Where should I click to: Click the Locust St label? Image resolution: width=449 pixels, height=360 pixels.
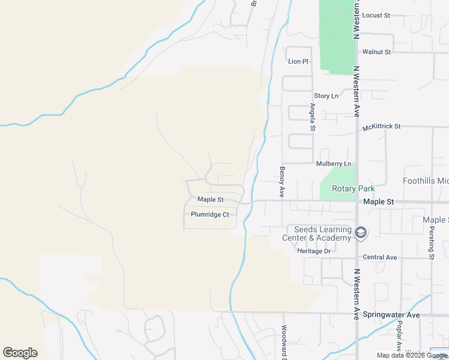(x=377, y=15)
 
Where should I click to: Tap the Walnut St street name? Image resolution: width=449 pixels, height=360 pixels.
(x=377, y=52)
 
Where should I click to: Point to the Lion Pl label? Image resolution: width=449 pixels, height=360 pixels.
(x=298, y=61)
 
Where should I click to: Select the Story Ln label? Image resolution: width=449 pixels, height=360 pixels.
(x=326, y=96)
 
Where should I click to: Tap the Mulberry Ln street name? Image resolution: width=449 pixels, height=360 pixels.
(x=333, y=164)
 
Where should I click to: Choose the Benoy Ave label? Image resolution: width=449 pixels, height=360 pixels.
(x=281, y=182)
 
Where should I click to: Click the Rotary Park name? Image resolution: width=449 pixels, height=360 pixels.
(x=353, y=188)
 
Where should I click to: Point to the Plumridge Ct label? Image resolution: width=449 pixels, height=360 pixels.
(x=210, y=214)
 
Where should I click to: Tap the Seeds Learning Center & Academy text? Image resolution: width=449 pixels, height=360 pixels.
(x=318, y=234)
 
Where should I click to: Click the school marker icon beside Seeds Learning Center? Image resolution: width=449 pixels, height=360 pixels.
(x=360, y=233)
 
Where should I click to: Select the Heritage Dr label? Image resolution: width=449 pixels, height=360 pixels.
(x=314, y=251)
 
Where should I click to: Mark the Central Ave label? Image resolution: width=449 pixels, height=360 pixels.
(x=380, y=257)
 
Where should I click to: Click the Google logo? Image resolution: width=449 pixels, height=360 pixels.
(x=20, y=353)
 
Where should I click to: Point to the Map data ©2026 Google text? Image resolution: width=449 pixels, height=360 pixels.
(x=412, y=355)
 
